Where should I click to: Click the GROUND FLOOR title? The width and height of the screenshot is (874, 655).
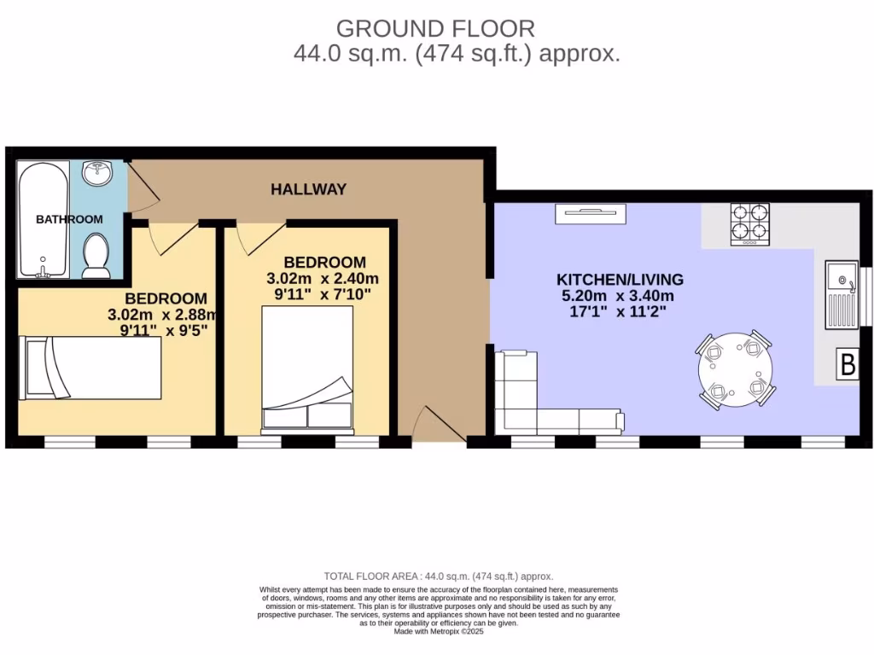point(436,28)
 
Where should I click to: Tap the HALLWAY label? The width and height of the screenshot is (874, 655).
point(308,189)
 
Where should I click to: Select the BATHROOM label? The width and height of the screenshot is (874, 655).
point(69,219)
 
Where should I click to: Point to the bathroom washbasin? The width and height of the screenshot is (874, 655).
point(97,174)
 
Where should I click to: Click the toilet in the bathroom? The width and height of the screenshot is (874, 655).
point(96,257)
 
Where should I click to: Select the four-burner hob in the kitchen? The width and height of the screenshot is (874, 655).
point(749,224)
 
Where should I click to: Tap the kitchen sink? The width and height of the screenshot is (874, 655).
point(840,295)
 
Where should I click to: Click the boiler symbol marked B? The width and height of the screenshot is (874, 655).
point(848,365)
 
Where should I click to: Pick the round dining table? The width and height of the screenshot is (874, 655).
point(736,369)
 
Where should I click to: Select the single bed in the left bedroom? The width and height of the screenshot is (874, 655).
point(90,368)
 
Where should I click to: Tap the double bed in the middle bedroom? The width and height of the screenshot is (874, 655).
point(307,368)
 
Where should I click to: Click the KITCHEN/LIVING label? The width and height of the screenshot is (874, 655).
point(620,280)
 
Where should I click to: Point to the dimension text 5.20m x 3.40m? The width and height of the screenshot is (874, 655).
point(620,296)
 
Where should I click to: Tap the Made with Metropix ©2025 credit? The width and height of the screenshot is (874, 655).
point(438,632)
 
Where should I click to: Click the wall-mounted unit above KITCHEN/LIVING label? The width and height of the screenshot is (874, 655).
point(591,214)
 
